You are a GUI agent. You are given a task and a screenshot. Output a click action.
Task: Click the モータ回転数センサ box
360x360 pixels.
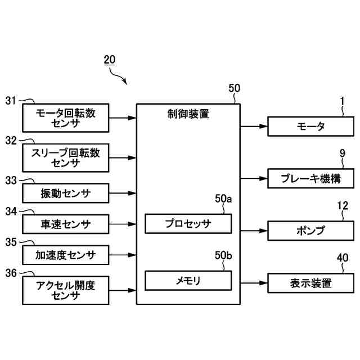tap(66, 118)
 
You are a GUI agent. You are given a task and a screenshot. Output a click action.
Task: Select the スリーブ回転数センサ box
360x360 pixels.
tap(66, 158)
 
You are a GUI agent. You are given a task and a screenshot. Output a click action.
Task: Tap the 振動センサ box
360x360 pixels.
tap(66, 194)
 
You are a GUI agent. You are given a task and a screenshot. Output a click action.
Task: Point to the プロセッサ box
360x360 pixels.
tap(188, 224)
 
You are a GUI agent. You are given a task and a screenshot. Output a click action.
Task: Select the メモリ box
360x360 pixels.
tap(188, 280)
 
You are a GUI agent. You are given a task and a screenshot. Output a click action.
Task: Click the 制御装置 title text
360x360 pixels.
tap(188, 114)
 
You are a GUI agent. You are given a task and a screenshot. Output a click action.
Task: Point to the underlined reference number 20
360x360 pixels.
tap(109, 60)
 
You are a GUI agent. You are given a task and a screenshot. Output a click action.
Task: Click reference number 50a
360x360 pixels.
tap(223, 199)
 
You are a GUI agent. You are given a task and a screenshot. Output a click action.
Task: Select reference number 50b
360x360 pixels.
tap(223, 256)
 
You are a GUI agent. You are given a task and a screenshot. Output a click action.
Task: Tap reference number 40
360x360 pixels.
tap(343, 258)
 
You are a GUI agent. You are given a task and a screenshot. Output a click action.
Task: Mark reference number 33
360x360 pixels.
tap(11, 181)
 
